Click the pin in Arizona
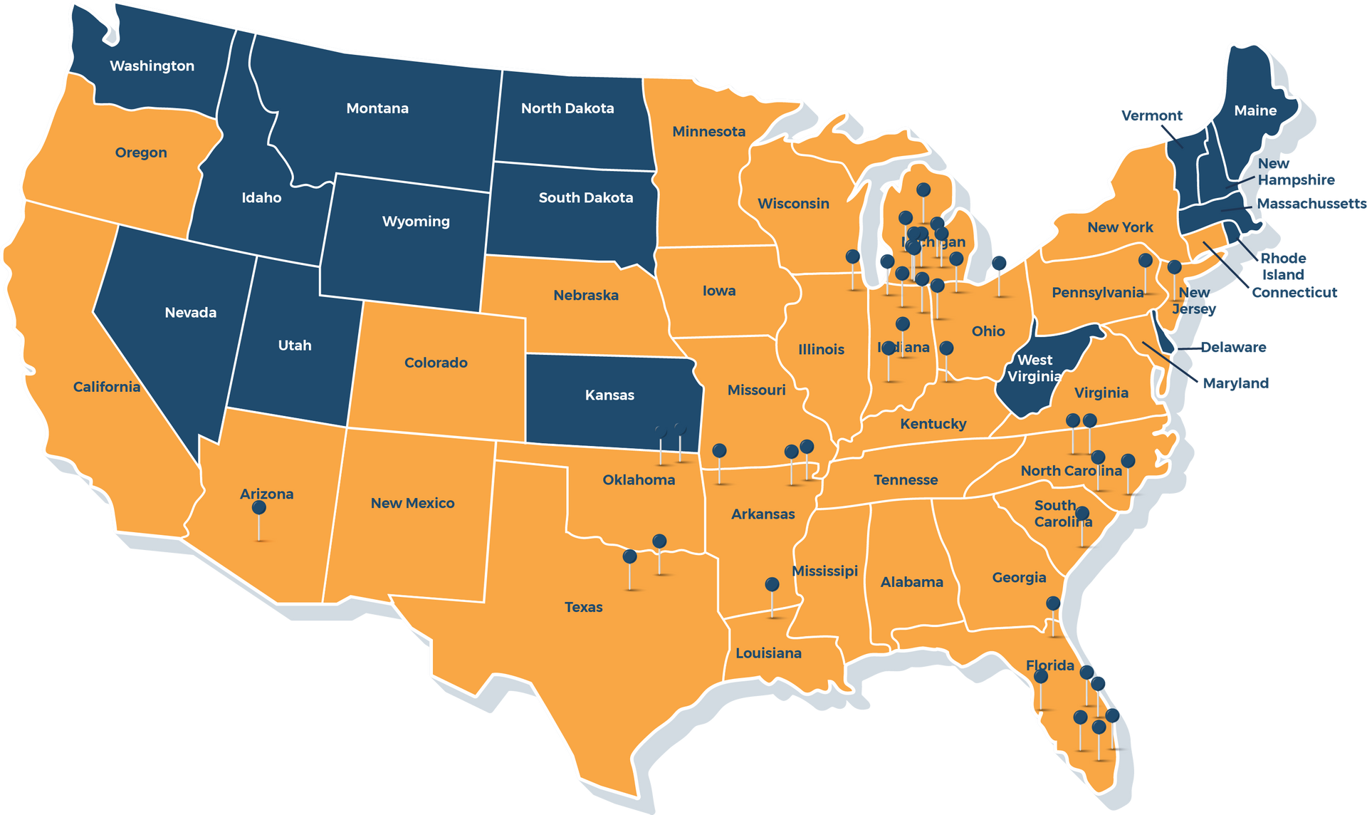tap(259, 508)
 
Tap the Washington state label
tap(152, 66)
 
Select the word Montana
tap(377, 108)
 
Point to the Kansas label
tap(609, 395)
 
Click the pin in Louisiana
tap(772, 585)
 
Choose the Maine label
tap(1255, 110)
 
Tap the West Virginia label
tap(1035, 368)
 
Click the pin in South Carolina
tap(1082, 514)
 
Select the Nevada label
tap(190, 312)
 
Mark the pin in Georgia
tap(1053, 604)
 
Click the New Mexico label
tap(412, 503)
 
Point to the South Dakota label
tap(585, 197)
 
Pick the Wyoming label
tap(416, 221)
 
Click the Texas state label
tap(583, 607)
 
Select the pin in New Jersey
tap(1174, 267)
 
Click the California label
tap(107, 386)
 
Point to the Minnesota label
tap(708, 131)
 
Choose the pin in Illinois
tap(852, 256)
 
